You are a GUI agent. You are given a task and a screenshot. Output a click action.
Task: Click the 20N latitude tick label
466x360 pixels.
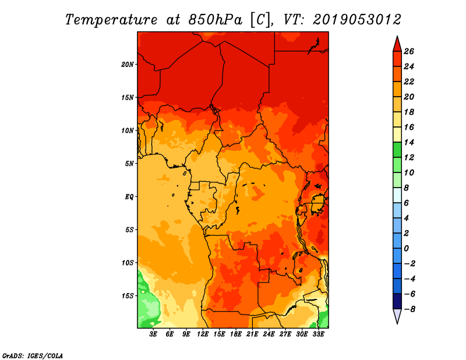pos(128,65)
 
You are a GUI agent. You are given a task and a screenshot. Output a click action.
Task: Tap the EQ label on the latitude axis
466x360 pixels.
pos(129,197)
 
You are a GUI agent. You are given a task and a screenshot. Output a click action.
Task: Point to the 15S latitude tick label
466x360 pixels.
pos(128,296)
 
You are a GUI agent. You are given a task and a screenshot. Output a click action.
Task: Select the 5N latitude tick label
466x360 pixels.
pos(129,164)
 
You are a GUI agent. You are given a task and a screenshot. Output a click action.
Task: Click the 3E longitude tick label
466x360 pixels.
pos(153,334)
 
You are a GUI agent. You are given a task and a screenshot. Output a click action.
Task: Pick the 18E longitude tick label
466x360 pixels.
pos(236,334)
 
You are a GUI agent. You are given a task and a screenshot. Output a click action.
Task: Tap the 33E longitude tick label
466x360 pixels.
pos(318,334)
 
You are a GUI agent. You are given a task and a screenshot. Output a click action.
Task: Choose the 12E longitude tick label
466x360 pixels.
pos(203,334)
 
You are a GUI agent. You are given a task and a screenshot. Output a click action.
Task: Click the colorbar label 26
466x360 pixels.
pos(409,51)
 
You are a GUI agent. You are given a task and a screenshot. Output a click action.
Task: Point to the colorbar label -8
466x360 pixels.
pos(409,309)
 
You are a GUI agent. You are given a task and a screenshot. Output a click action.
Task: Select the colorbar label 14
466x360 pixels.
pos(409,142)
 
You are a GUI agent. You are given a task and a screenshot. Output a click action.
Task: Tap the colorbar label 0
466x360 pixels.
pos(406,249)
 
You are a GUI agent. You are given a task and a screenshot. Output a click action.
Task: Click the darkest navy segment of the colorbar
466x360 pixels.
pos(397,301)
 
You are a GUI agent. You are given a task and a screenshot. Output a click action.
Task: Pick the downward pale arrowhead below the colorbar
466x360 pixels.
pos(397,316)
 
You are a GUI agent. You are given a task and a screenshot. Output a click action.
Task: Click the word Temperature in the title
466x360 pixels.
pos(111,20)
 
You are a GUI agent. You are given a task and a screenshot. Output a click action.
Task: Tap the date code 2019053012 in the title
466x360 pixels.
pos(356,20)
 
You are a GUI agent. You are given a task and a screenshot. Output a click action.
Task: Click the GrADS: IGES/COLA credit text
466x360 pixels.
pos(33,356)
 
